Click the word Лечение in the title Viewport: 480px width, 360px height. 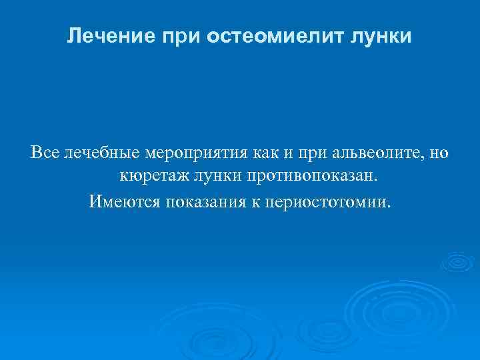point(110,36)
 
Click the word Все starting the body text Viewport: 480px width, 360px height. point(45,153)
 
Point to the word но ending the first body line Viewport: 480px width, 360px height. point(440,153)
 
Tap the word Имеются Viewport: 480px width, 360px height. point(121,201)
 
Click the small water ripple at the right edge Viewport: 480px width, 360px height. point(459,262)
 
